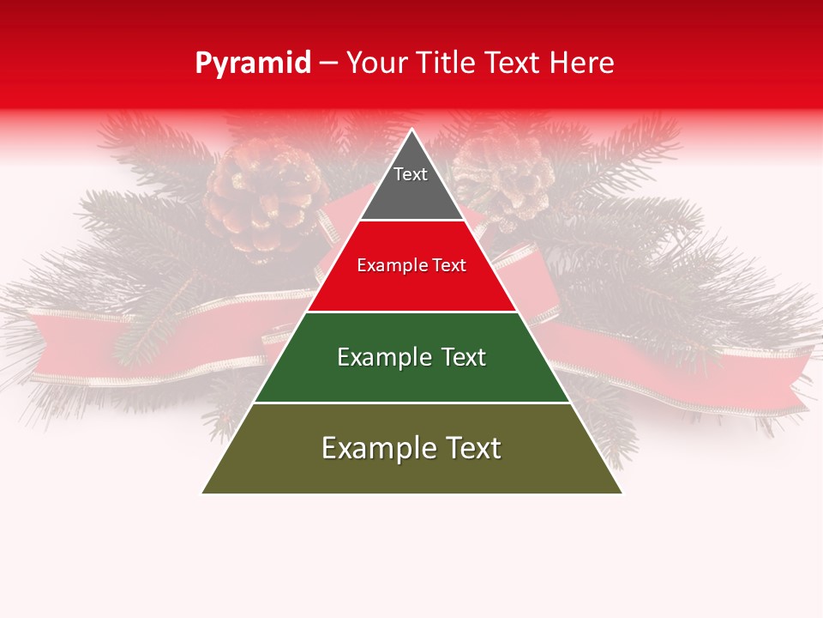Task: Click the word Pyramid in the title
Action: tap(252, 64)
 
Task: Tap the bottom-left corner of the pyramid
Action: tap(203, 493)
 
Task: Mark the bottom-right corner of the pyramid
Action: tap(622, 493)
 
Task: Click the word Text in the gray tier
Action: tap(410, 174)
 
